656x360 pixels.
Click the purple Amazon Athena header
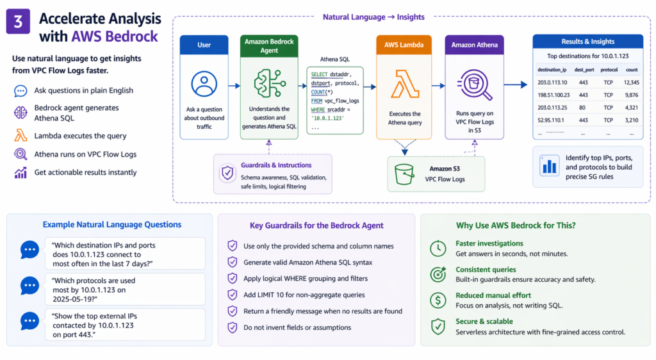tap(473, 45)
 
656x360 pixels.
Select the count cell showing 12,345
tap(631, 82)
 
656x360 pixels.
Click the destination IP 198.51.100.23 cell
tap(553, 95)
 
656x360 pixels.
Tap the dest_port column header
tap(586, 69)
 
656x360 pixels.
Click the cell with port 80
tap(583, 107)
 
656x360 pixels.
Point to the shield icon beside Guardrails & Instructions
tap(227, 173)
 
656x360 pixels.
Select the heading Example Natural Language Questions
tap(111, 224)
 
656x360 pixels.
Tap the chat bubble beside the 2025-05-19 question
tap(29, 285)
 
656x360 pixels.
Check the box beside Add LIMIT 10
tap(233, 295)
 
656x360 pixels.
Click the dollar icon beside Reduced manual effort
tap(438, 300)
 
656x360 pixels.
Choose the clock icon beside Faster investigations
tap(438, 248)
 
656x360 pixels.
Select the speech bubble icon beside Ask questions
tap(20, 91)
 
